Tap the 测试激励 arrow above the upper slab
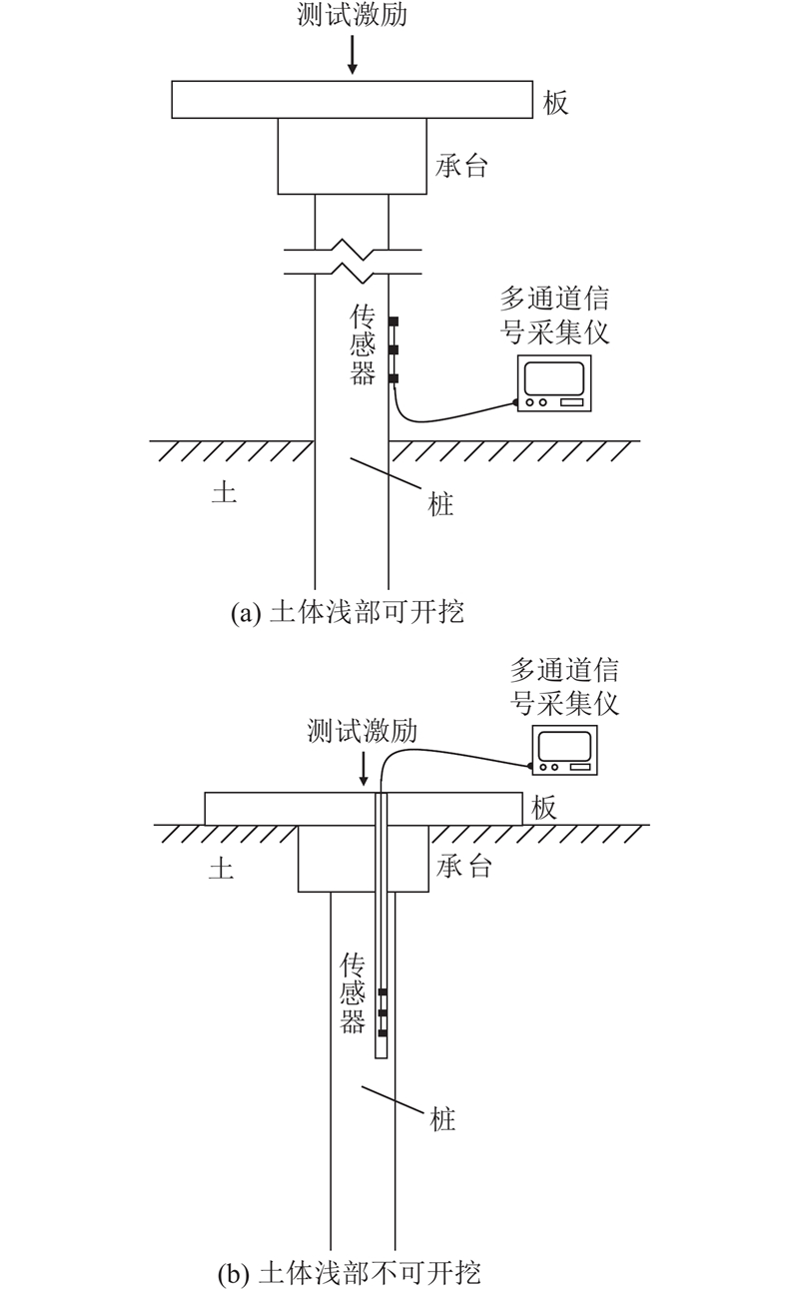coord(352,55)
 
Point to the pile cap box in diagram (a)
coord(352,156)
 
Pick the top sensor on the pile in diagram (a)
coord(394,322)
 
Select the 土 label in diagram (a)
coord(224,492)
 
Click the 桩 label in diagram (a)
coord(440,505)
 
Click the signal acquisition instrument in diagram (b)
coord(565,750)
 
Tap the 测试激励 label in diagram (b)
coord(363,732)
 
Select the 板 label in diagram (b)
coord(543,808)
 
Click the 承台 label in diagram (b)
coord(465,866)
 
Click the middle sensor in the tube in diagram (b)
coord(383,1013)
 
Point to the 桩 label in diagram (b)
coord(442,1119)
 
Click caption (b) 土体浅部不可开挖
coord(350,1274)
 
